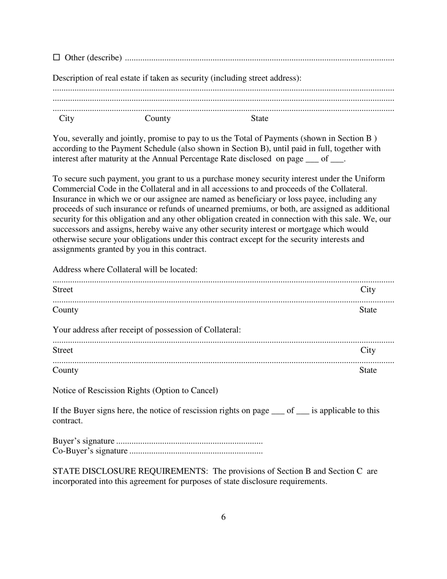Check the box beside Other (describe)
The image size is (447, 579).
point(56,57)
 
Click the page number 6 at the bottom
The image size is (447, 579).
point(223,517)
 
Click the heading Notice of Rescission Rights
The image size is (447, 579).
point(135,390)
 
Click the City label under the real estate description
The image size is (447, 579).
point(67,118)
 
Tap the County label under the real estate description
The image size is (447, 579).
point(158,118)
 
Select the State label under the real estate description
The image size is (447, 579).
point(259,118)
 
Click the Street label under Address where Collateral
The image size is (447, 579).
point(63,289)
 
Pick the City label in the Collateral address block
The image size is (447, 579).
point(368,289)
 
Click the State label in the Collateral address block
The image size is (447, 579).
point(368,310)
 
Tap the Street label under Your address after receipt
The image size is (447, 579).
point(63,350)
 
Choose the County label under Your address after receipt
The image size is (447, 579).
point(65,370)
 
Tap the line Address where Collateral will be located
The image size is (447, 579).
point(125,270)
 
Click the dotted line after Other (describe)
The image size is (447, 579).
point(259,59)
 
